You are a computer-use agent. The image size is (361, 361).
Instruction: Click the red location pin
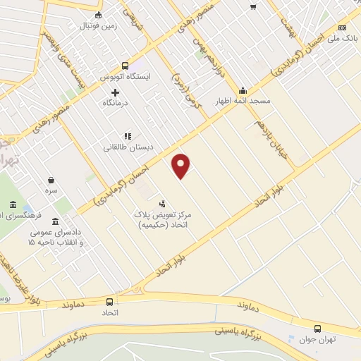(181, 165)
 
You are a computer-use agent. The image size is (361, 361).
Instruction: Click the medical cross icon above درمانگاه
(116, 92)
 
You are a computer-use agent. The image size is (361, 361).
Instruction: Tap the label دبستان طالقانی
(128, 147)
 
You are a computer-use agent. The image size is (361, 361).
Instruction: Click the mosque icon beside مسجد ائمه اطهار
(243, 90)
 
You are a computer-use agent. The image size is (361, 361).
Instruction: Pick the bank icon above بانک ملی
(342, 27)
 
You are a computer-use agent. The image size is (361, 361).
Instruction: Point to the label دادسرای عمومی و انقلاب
(55, 236)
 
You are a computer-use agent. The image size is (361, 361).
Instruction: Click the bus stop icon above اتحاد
(109, 301)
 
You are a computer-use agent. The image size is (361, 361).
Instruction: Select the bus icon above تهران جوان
(317, 328)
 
